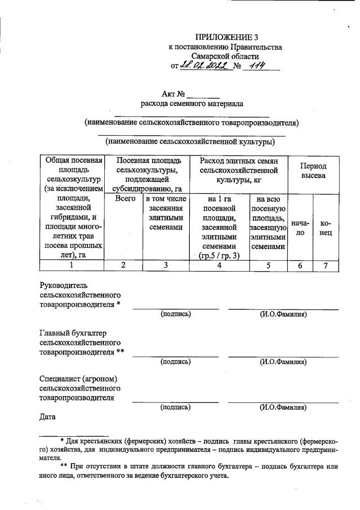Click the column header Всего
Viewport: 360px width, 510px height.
pyautogui.click(x=126, y=198)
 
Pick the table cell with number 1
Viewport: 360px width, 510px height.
pyautogui.click(x=71, y=265)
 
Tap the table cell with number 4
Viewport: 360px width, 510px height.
pyautogui.click(x=219, y=265)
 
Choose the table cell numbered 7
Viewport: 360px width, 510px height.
pyautogui.click(x=325, y=265)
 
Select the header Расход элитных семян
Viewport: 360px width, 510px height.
pyautogui.click(x=239, y=161)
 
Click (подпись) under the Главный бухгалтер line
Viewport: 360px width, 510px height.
pyautogui.click(x=175, y=362)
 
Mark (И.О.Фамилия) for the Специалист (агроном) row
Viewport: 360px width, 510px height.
pyautogui.click(x=283, y=407)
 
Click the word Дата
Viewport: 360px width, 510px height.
pyautogui.click(x=49, y=418)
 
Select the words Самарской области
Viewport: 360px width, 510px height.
pyautogui.click(x=225, y=56)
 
